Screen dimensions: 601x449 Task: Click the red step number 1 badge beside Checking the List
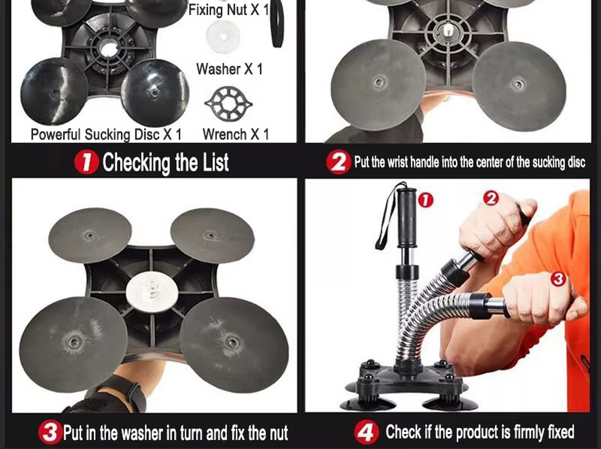point(86,162)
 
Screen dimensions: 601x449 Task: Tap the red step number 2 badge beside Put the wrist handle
point(339,162)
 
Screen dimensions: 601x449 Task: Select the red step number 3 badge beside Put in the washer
point(50,432)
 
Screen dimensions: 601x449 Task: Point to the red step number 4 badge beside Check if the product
point(366,432)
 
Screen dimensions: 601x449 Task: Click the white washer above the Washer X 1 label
point(223,37)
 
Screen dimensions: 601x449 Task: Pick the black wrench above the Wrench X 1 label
point(229,103)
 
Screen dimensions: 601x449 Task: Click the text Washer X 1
point(230,69)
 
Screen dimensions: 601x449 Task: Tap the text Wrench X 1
point(236,134)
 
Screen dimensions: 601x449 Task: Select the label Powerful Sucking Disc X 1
point(106,135)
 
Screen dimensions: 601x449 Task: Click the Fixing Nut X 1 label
point(229,10)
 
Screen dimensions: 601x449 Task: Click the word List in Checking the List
point(216,162)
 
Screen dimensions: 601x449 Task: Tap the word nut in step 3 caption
point(279,433)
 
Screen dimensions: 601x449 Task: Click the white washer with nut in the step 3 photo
point(152,289)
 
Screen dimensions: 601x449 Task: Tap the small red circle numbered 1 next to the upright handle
point(425,200)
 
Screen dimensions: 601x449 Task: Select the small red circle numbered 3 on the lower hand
point(558,279)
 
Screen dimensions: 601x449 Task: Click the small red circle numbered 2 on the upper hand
point(491,199)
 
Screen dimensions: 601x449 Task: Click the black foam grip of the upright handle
point(407,218)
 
